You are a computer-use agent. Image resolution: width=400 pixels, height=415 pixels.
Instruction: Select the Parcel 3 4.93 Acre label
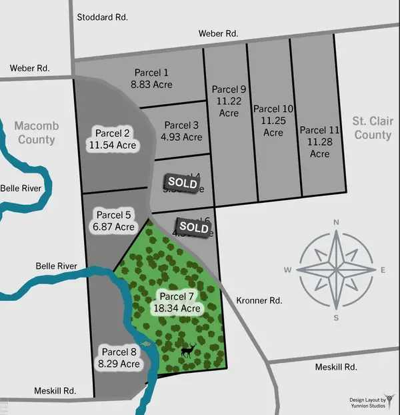click(182, 131)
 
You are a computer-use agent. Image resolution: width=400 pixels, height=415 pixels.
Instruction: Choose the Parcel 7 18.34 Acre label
click(177, 302)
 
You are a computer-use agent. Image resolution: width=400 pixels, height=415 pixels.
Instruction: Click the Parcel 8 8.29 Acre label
click(120, 358)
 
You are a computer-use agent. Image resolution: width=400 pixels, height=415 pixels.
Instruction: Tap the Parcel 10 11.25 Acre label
click(273, 121)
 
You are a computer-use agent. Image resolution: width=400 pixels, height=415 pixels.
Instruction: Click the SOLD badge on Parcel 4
click(182, 182)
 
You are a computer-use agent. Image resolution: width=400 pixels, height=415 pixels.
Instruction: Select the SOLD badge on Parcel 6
click(194, 227)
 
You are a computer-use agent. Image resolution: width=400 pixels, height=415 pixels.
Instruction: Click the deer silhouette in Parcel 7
click(188, 350)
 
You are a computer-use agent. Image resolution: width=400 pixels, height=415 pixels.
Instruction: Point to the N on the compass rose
click(337, 222)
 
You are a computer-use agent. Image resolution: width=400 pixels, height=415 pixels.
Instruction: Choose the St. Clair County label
click(372, 128)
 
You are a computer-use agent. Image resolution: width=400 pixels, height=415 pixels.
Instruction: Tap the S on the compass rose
click(337, 317)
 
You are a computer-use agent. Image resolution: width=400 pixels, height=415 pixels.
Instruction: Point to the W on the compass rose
click(288, 270)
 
